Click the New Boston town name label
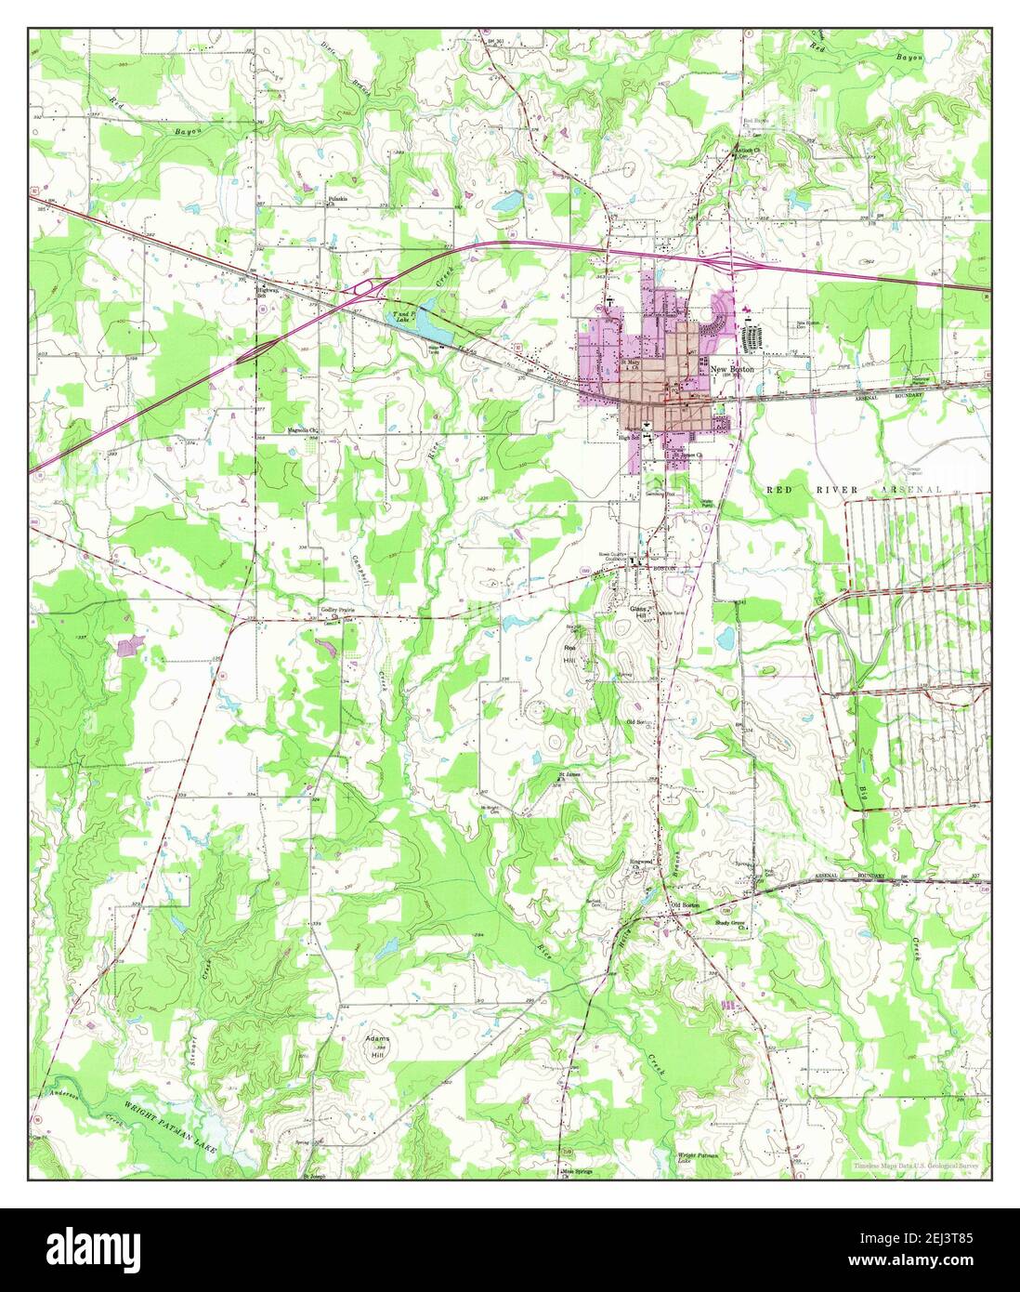coord(734,369)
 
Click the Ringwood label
coord(643,861)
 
